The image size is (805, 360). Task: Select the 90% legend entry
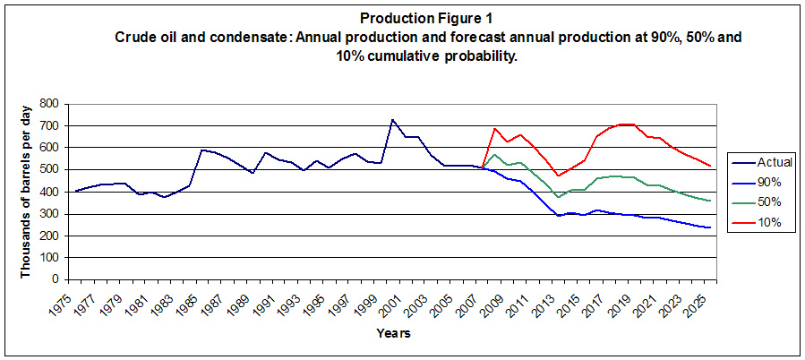pos(763,182)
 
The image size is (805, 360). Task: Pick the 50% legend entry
pos(763,201)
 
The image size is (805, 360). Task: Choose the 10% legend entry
pos(763,222)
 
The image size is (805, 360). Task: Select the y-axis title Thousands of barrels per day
pos(26,191)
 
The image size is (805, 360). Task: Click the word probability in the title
pos(484,56)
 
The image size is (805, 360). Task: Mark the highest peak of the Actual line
pos(391,119)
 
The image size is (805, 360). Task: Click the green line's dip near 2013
pos(557,196)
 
